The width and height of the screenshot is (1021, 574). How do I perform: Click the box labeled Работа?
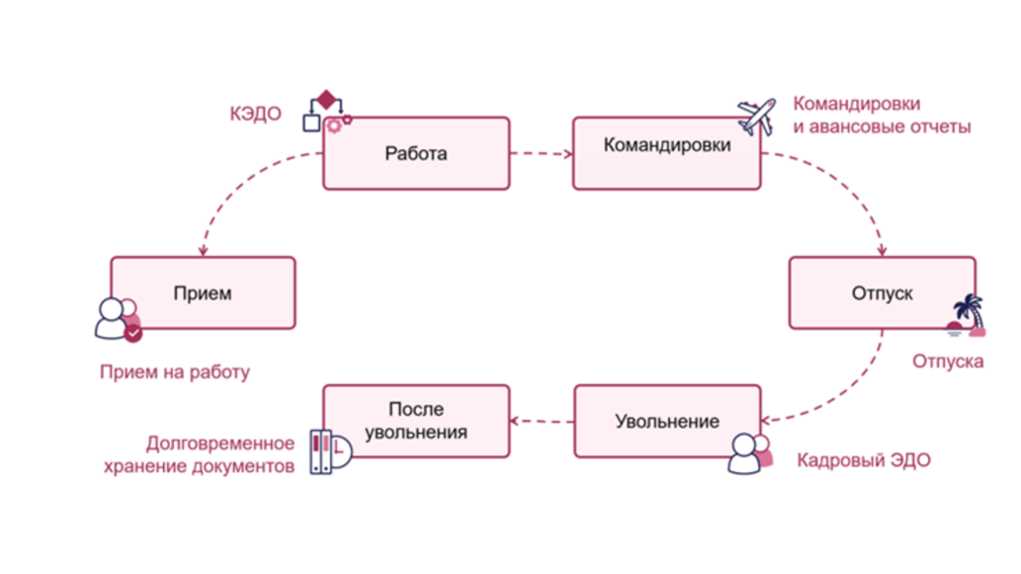416,153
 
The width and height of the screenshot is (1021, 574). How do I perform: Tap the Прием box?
203,293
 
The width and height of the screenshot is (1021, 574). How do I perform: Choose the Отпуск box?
882,293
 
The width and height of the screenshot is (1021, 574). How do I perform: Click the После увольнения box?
416,421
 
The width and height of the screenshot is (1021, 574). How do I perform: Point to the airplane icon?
758,116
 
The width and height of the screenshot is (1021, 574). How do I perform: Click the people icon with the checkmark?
118,319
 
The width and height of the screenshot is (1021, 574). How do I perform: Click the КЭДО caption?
255,115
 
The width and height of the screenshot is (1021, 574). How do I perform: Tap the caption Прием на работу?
175,372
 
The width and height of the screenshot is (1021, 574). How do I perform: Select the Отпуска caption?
947,362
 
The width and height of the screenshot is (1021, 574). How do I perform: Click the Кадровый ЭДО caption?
863,461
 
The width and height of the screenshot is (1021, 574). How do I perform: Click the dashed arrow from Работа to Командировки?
542,153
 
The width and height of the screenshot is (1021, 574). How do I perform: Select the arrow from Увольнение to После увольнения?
542,422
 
